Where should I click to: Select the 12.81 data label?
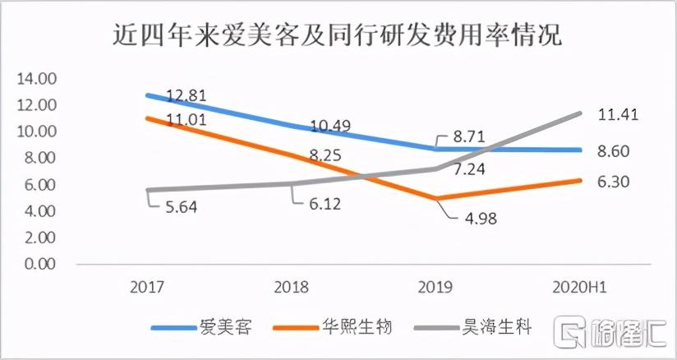click(186, 95)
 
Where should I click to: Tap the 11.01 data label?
click(186, 121)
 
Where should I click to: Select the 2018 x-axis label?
click(293, 286)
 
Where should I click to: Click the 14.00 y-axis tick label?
click(33, 78)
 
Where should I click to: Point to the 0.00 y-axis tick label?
click(36, 264)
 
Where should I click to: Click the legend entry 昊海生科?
click(502, 327)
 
